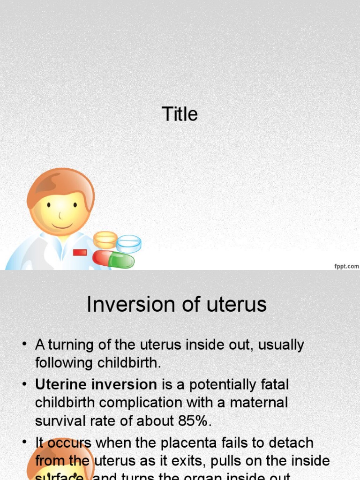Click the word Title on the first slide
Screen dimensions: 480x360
(180, 114)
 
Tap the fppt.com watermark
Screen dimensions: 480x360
(346, 266)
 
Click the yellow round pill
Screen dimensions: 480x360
(105, 240)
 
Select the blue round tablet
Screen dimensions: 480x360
(129, 244)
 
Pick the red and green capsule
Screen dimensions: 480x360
(113, 259)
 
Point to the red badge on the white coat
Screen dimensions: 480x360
(80, 252)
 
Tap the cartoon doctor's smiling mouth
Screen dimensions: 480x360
(62, 226)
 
